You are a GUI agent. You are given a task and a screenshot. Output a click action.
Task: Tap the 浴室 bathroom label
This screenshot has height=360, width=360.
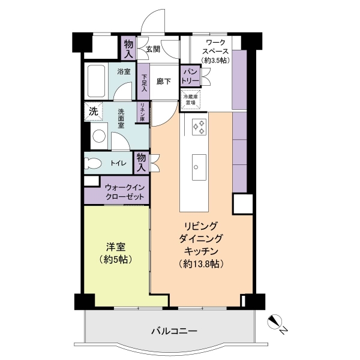(x=125, y=71)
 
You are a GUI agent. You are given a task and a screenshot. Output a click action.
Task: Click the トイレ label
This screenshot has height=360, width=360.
(x=118, y=163)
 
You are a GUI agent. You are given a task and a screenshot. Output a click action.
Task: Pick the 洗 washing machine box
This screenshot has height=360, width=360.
(x=93, y=111)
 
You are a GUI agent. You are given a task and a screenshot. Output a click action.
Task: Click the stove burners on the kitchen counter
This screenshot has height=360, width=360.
(x=199, y=127)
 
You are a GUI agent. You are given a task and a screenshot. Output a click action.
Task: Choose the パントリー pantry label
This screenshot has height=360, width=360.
(x=190, y=75)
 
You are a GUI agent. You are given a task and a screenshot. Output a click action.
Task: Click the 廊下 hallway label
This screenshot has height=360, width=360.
(x=164, y=82)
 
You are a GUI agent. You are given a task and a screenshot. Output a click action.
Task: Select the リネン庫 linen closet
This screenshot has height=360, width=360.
(x=143, y=112)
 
